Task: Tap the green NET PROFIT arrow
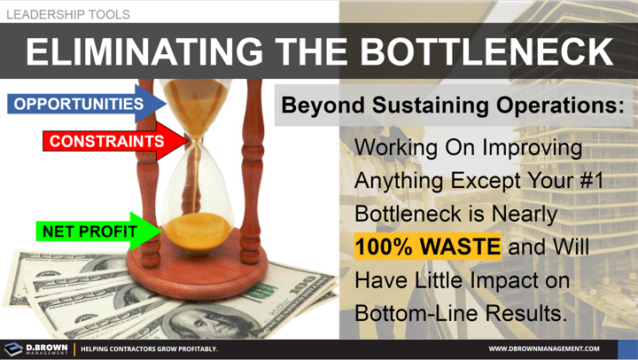93,232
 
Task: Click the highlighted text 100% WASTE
427,246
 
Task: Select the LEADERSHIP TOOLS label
67,14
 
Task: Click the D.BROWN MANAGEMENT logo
35,348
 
